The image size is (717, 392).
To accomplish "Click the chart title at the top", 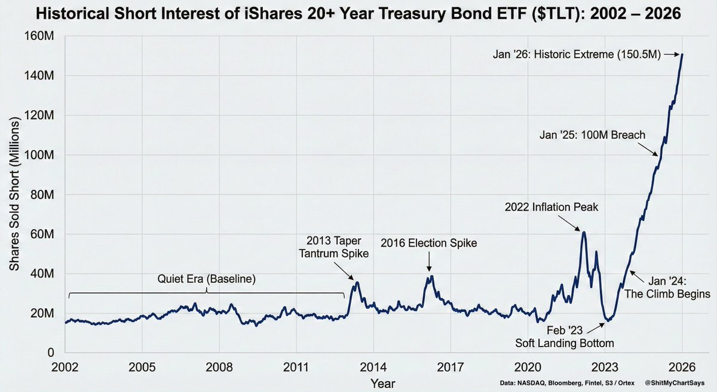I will click(x=358, y=13).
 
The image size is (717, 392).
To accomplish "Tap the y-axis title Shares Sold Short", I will click(x=14, y=195).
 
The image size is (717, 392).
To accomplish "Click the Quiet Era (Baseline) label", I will click(x=206, y=279).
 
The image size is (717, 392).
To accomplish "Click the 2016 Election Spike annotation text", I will click(x=430, y=243).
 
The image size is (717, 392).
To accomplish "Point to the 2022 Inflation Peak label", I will click(x=551, y=207).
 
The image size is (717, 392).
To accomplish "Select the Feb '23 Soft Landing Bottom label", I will click(x=565, y=337).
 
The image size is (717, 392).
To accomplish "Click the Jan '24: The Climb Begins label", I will click(x=667, y=288).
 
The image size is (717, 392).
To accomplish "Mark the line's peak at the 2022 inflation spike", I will click(x=584, y=232).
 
